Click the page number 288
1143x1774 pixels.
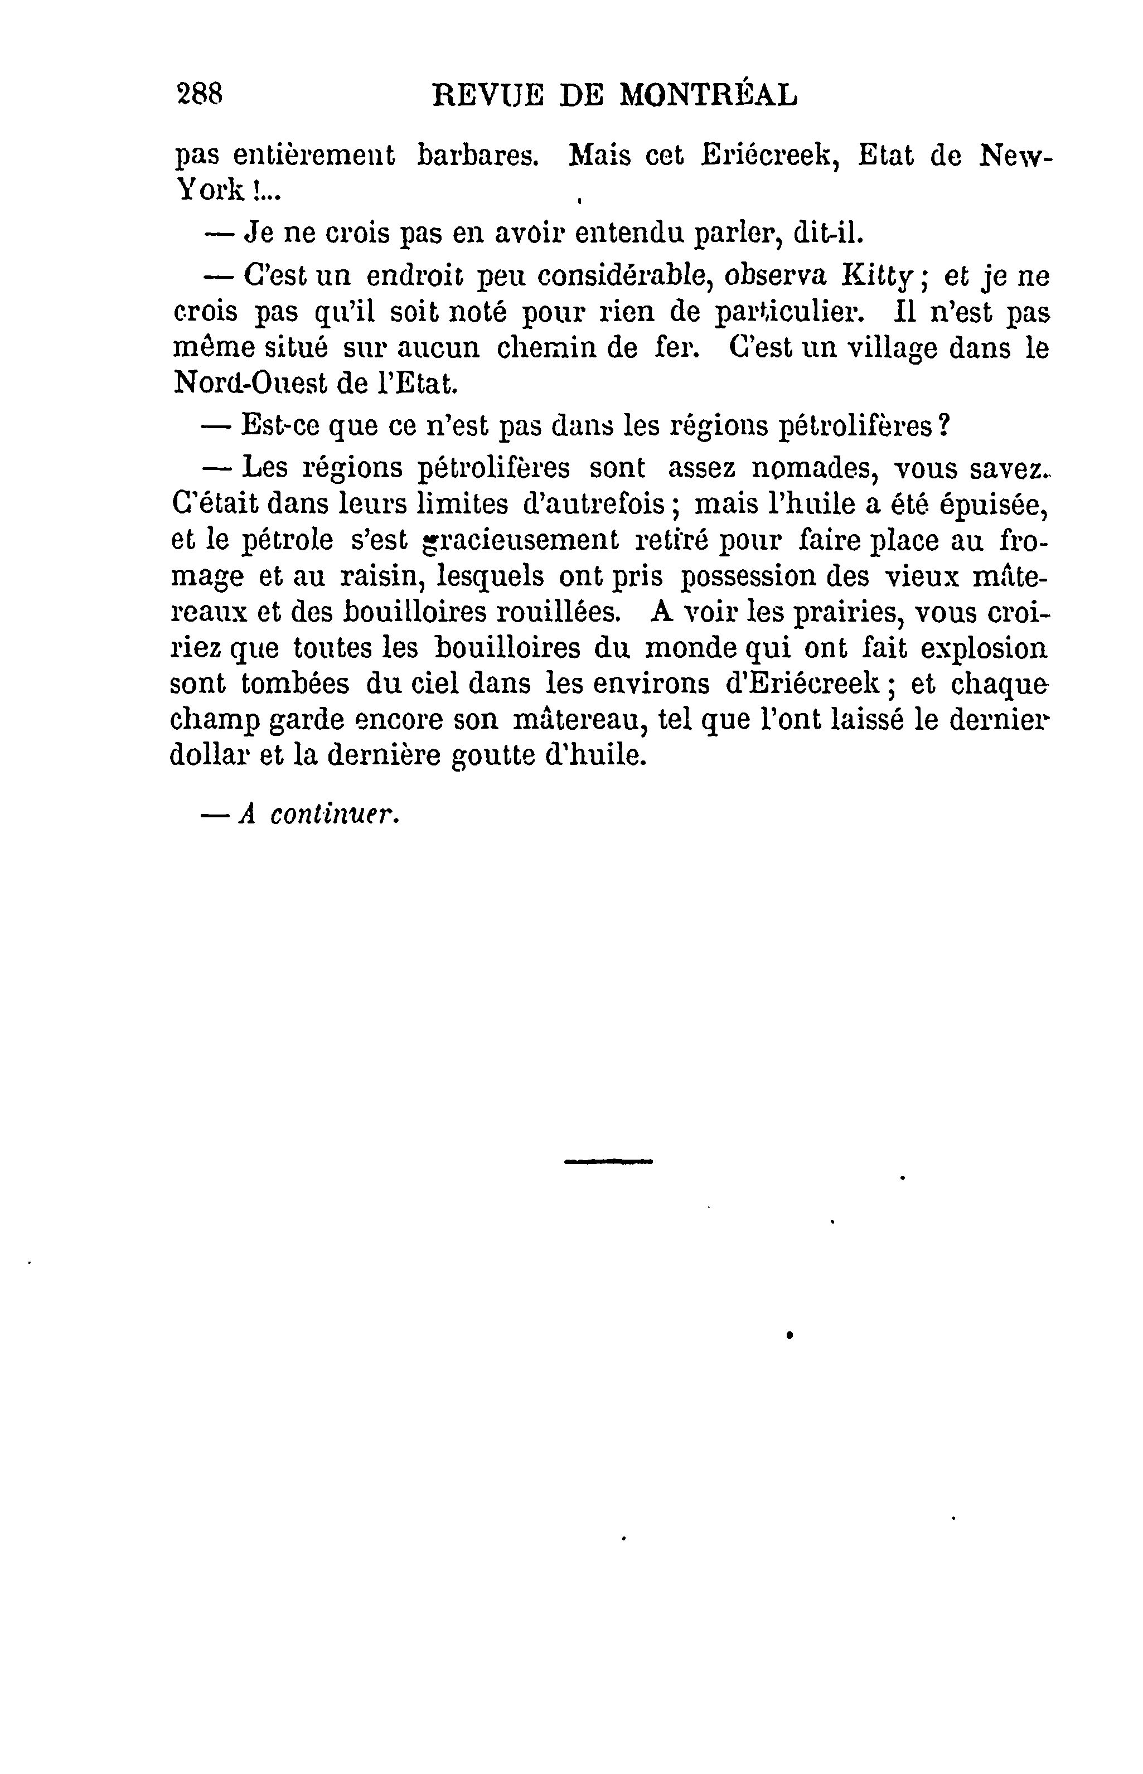200,94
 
